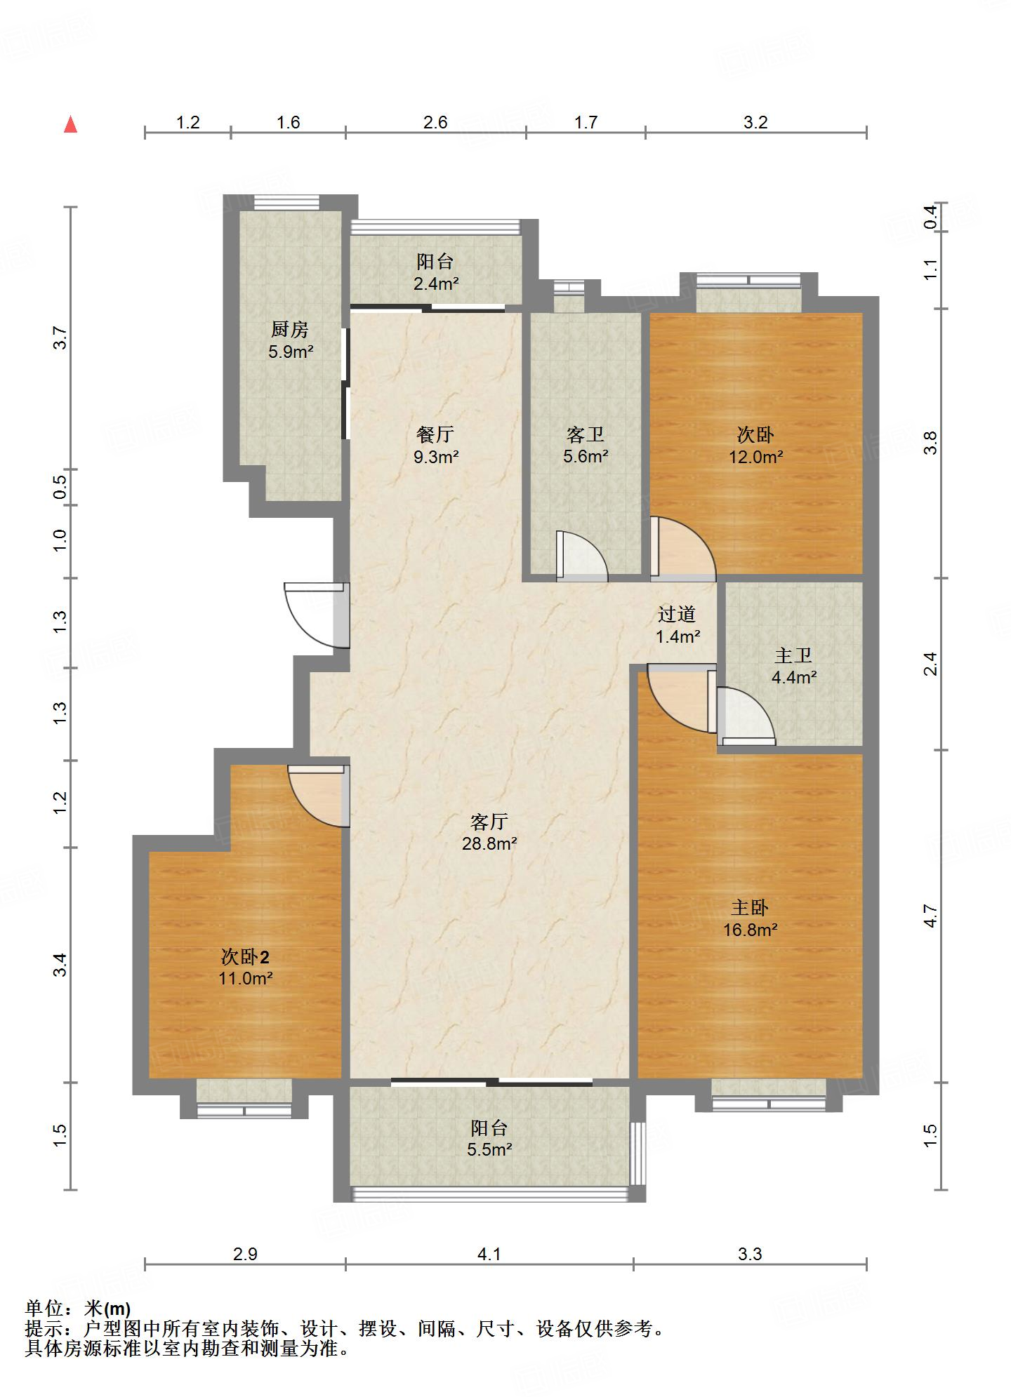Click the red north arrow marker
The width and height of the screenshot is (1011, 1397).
pyautogui.click(x=70, y=124)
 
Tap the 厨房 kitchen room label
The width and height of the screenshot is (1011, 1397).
pyautogui.click(x=290, y=329)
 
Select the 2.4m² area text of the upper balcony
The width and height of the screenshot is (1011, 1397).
pyautogui.click(x=435, y=284)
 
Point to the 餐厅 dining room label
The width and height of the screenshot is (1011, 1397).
pyautogui.click(x=435, y=434)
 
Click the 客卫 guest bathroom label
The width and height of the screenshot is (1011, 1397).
pyautogui.click(x=586, y=435)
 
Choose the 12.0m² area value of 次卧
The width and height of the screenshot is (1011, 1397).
pyautogui.click(x=755, y=457)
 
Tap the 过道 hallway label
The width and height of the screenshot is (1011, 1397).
pyautogui.click(x=677, y=615)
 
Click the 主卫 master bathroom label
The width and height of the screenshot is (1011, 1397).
pyautogui.click(x=793, y=655)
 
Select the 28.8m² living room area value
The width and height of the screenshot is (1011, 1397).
pyautogui.click(x=489, y=844)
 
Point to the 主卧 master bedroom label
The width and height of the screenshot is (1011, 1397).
pyautogui.click(x=750, y=908)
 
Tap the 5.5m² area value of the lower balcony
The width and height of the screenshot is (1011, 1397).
pyautogui.click(x=489, y=1150)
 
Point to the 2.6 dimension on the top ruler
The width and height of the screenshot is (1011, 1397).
pyautogui.click(x=435, y=122)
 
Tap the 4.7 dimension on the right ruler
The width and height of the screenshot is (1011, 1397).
pyautogui.click(x=930, y=916)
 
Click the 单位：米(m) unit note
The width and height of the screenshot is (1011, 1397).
pyautogui.click(x=78, y=1309)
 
